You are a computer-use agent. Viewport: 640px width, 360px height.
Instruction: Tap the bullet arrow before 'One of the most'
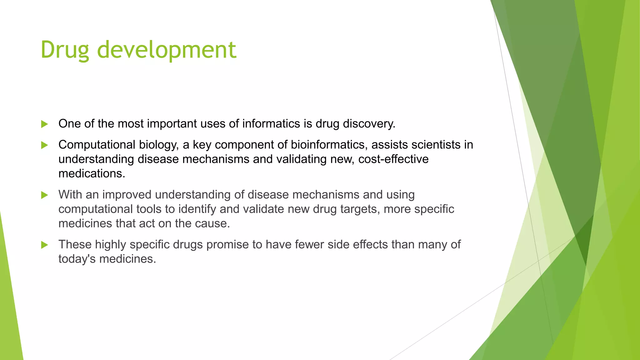coord(45,124)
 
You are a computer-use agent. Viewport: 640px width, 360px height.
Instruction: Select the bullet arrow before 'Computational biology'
coord(45,145)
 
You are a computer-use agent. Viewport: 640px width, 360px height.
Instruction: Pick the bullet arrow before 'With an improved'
coord(45,195)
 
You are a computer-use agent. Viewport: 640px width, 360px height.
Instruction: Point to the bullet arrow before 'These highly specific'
coord(45,245)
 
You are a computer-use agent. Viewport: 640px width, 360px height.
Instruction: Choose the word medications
coord(92,174)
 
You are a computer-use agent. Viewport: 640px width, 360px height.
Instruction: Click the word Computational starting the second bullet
coord(97,145)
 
